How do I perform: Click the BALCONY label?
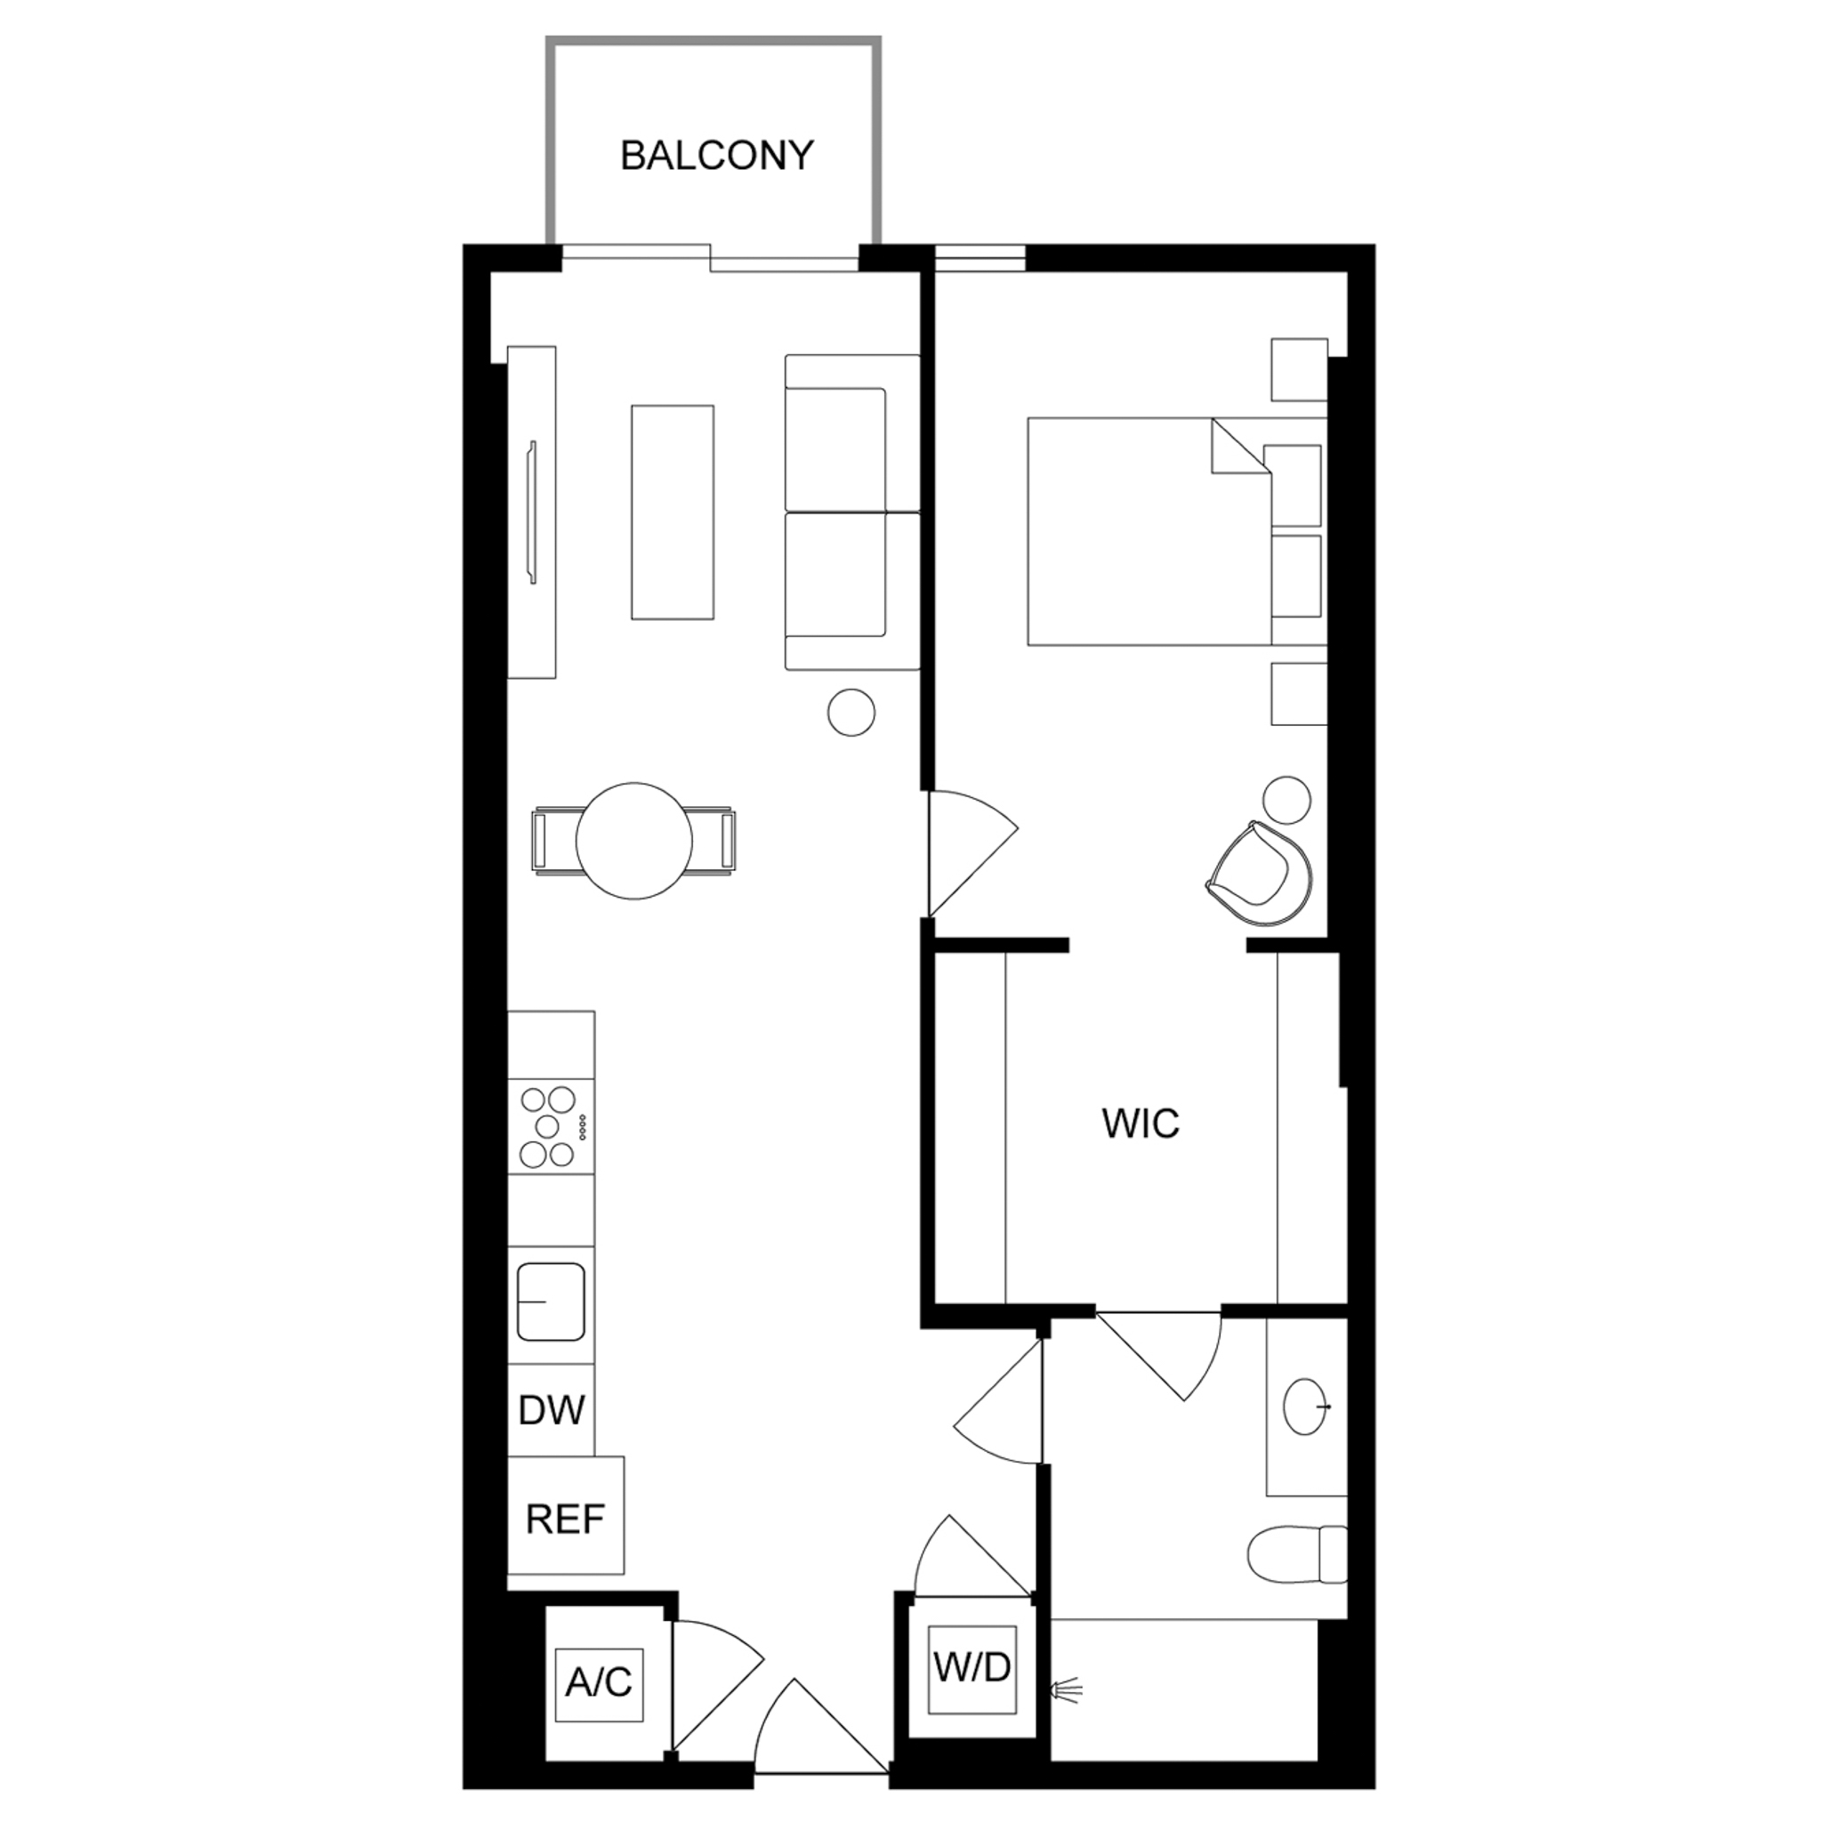(x=717, y=156)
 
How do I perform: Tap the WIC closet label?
(x=1141, y=1124)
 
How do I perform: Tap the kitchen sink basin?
(x=551, y=1302)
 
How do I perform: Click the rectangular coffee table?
(x=673, y=512)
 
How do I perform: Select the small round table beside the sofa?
(x=851, y=712)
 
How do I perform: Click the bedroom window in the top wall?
(x=979, y=258)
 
